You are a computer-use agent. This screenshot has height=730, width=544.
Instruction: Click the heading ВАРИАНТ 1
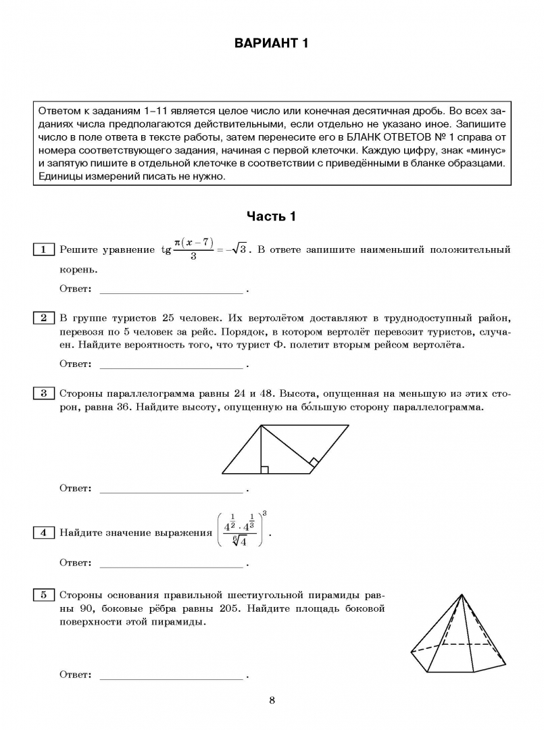[271, 44]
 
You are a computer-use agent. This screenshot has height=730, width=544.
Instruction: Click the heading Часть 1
[271, 216]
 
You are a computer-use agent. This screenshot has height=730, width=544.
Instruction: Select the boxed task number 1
[43, 250]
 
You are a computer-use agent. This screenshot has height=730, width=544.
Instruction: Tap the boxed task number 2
[43, 318]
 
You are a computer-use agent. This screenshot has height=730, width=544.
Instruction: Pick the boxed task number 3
[43, 393]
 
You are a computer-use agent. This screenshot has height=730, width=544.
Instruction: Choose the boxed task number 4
[43, 533]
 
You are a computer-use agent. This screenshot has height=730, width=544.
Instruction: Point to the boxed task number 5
[43, 595]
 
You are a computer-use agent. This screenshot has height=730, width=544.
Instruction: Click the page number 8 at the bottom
[272, 700]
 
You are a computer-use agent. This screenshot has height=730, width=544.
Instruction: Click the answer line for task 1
[171, 291]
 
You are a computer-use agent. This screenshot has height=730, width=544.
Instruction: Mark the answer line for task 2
[171, 366]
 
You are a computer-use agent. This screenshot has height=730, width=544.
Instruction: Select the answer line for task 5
[171, 676]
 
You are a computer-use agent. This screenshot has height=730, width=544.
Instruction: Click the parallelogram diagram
[285, 449]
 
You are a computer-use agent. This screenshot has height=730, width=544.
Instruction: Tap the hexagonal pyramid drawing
[460, 635]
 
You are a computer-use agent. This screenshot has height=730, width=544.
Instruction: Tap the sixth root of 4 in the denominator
[239, 541]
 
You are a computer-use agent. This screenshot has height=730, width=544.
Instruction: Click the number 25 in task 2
[169, 318]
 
